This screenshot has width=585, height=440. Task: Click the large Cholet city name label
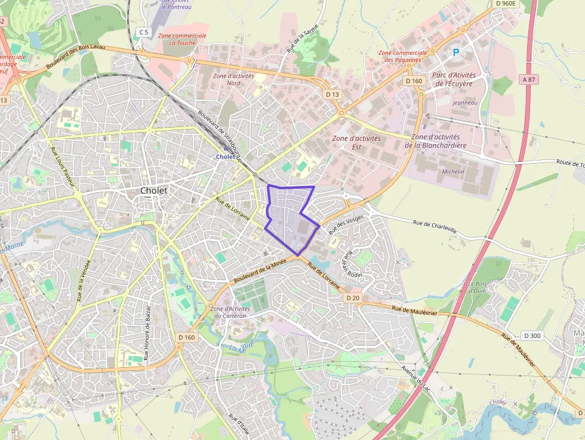click(153, 190)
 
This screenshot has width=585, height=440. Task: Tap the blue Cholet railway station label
click(225, 157)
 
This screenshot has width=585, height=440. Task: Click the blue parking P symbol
click(456, 53)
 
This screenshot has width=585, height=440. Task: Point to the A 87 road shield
click(528, 79)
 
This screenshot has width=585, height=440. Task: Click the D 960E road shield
click(505, 4)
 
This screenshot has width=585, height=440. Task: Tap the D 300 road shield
click(531, 336)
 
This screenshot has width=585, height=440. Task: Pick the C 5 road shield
click(143, 32)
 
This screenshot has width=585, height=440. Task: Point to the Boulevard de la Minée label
click(260, 271)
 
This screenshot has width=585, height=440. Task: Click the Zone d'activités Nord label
click(233, 79)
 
